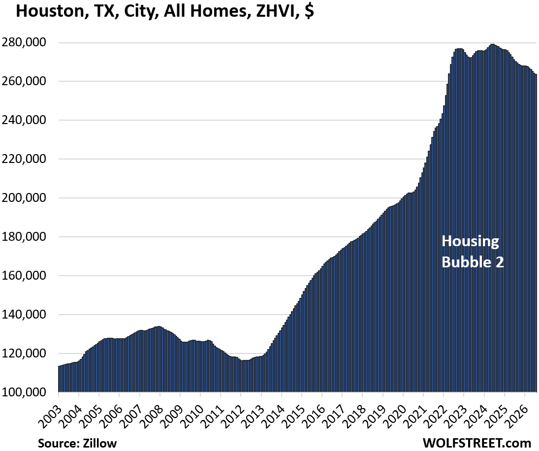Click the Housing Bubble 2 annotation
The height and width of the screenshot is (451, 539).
click(x=473, y=251)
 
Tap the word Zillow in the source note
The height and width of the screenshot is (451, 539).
click(x=100, y=443)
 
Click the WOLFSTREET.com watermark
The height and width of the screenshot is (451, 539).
click(x=477, y=443)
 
